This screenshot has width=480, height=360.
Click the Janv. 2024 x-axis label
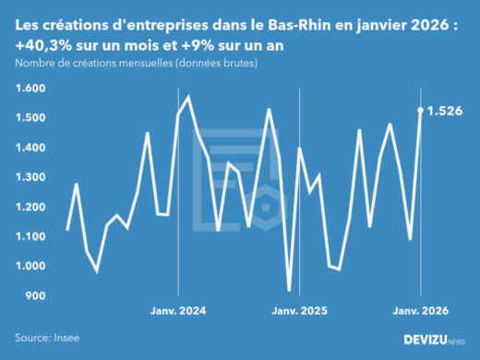point(177,312)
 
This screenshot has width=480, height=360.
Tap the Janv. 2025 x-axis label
point(299,312)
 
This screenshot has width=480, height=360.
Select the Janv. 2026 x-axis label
point(421,312)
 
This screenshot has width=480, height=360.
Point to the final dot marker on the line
point(421,111)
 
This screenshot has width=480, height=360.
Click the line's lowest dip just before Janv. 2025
point(289,290)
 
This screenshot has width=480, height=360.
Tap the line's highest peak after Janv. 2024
point(188,96)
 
